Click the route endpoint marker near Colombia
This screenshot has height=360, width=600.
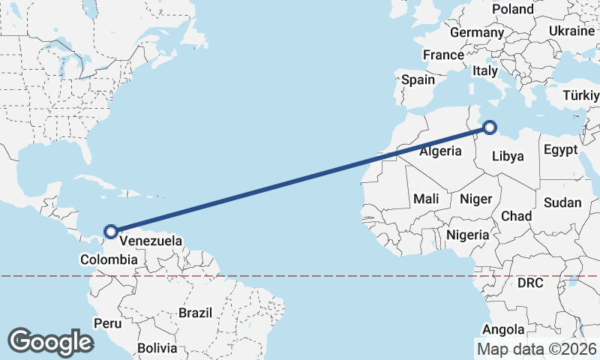(x=111, y=232)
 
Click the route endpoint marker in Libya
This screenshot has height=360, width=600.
(x=489, y=127)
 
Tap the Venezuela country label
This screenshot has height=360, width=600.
(x=151, y=241)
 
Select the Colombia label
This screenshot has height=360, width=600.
(x=109, y=260)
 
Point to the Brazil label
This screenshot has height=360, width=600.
(x=195, y=312)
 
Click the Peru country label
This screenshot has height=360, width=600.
(x=107, y=323)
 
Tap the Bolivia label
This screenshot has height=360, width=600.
(x=157, y=348)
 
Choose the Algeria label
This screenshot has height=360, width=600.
(x=440, y=151)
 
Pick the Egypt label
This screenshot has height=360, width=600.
(x=561, y=149)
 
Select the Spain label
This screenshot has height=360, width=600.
(x=418, y=79)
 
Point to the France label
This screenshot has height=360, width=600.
(x=443, y=55)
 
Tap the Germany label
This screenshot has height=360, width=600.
(x=476, y=33)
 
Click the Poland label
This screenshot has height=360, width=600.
(x=513, y=9)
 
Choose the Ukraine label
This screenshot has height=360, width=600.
(x=572, y=30)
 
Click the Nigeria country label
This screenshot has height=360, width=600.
(x=467, y=235)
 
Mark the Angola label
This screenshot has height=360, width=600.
(x=503, y=329)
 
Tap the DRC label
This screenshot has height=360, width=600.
(x=530, y=283)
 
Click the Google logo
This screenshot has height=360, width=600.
(x=50, y=342)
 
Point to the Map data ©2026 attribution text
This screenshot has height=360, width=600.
(x=536, y=349)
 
